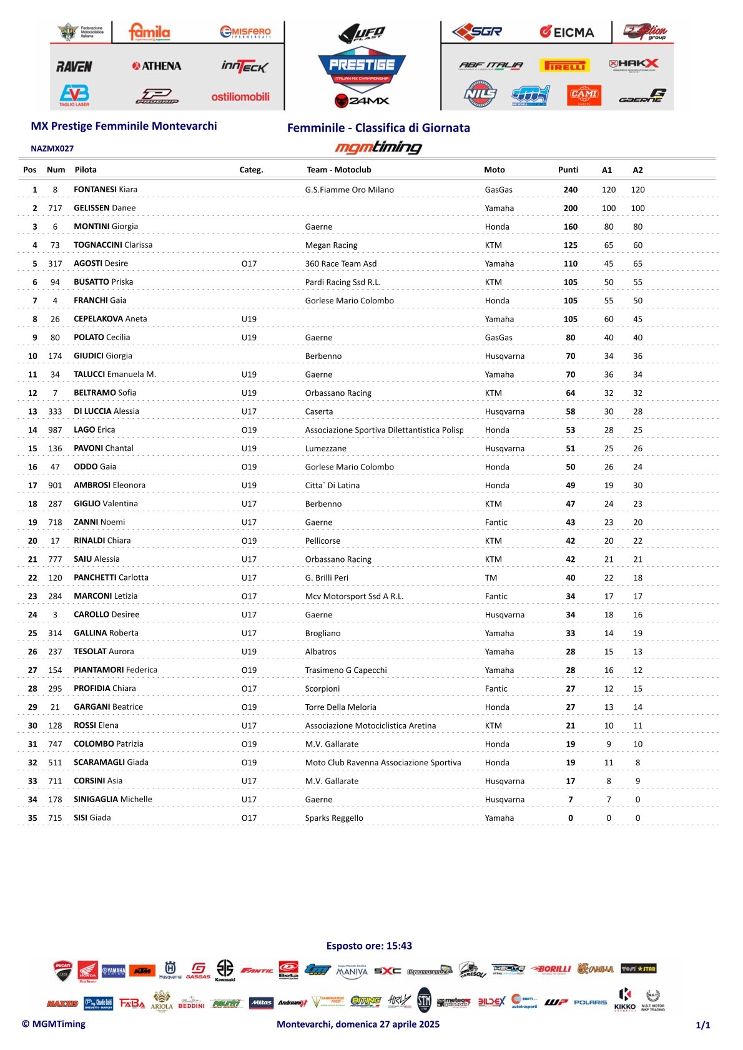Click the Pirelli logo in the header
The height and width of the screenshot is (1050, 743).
click(x=565, y=66)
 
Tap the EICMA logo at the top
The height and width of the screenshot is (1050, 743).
click(x=567, y=32)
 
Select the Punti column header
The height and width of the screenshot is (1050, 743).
click(x=568, y=170)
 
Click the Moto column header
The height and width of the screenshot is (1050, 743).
click(x=494, y=170)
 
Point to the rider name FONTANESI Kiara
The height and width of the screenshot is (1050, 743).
click(x=106, y=189)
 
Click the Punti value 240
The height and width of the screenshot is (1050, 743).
click(x=570, y=190)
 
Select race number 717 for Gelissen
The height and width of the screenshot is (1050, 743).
click(x=55, y=208)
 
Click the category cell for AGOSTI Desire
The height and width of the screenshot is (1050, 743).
click(x=248, y=263)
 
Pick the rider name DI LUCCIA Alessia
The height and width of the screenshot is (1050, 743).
click(x=106, y=411)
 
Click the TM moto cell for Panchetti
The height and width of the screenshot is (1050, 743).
click(x=491, y=577)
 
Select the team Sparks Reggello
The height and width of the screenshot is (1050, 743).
click(x=333, y=818)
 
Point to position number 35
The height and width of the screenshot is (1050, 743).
click(x=32, y=818)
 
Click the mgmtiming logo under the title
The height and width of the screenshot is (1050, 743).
click(x=378, y=147)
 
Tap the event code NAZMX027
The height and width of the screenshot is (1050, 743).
click(x=52, y=149)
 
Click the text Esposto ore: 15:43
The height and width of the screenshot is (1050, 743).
click(x=369, y=946)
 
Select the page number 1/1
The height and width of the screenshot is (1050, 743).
click(x=702, y=1025)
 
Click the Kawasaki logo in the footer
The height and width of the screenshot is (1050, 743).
click(x=225, y=970)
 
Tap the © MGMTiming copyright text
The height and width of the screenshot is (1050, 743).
click(x=54, y=1024)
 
